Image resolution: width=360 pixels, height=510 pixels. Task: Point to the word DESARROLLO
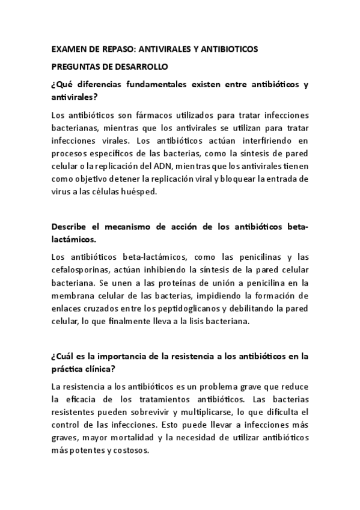pos(144,67)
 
